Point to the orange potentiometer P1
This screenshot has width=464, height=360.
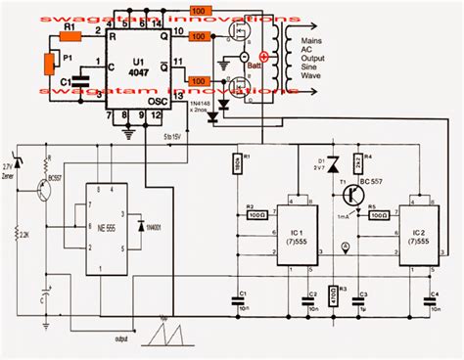[48, 65]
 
